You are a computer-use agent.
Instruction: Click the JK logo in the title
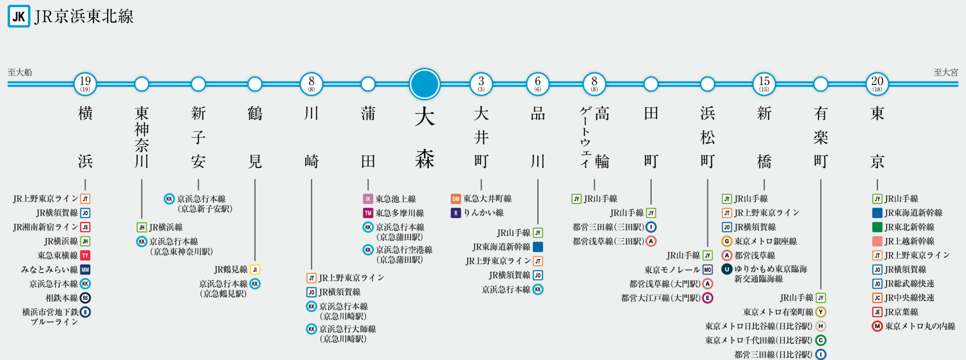pos(19,16)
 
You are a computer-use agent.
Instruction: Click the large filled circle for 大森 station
pos(425,84)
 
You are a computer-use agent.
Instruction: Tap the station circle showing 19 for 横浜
pos(85,84)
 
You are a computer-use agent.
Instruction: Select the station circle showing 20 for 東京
pos(877,84)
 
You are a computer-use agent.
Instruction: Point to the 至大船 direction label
pos(20,72)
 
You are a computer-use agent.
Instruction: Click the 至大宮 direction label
pos(945,72)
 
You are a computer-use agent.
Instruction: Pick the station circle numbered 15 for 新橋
pos(764,84)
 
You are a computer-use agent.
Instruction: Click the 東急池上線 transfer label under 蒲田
pos(396,199)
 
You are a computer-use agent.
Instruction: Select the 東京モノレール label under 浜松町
pos(672,270)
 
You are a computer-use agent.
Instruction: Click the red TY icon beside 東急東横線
pos(85,256)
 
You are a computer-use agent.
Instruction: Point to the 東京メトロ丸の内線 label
pos(920,326)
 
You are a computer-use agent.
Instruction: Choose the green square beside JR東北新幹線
pos(877,227)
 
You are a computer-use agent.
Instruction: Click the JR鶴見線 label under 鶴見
pos(231,270)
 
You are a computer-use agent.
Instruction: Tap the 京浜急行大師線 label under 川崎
pos(347,329)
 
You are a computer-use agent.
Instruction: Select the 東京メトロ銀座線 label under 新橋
pos(765,241)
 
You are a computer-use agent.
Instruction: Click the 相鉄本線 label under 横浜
pos(61,298)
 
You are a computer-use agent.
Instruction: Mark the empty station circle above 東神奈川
pos(142,84)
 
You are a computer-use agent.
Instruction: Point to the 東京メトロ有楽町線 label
pos(778,312)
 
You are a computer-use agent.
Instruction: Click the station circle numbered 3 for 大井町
pos(481,84)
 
